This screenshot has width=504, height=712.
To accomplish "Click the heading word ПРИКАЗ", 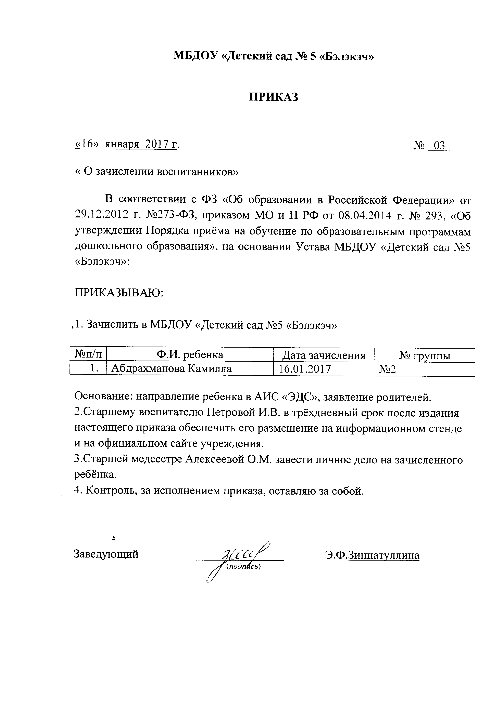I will (274, 97).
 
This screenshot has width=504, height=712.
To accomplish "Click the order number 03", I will (439, 145).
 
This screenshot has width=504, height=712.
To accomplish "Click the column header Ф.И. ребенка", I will (190, 355).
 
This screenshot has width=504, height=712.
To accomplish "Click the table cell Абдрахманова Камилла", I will (171, 368).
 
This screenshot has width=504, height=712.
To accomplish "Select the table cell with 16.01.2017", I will (305, 369).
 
